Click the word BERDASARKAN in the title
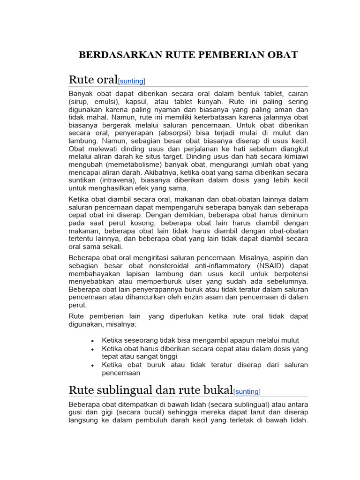[x=114, y=54]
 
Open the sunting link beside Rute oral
[x=132, y=81]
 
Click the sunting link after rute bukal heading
[x=247, y=391]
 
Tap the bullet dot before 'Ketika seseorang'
[x=93, y=341]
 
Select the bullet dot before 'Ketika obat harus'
[x=93, y=349]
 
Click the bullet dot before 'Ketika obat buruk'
[x=93, y=365]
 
